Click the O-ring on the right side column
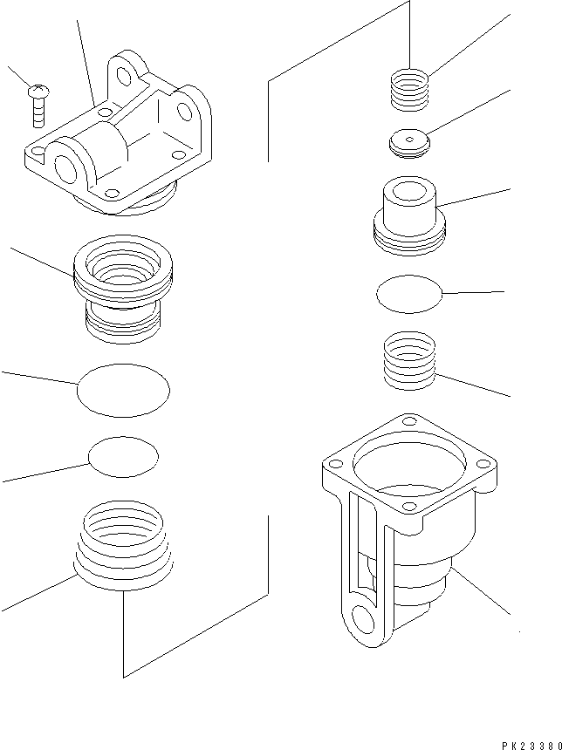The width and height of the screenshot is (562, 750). click(x=409, y=293)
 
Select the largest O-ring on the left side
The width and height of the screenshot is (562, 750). click(x=123, y=392)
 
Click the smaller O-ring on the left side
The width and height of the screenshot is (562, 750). click(x=124, y=457)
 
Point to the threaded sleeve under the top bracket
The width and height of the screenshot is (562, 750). click(x=122, y=289)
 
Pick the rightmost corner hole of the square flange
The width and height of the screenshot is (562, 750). click(x=485, y=464)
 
